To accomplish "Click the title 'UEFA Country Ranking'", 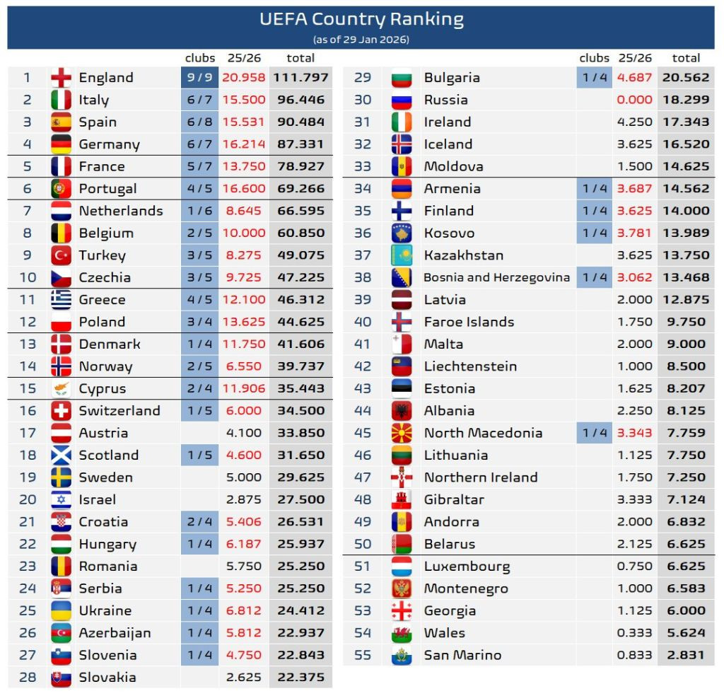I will [361, 19].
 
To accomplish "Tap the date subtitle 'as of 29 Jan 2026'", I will [361, 40].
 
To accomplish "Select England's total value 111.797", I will [300, 77].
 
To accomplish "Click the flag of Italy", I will [62, 100].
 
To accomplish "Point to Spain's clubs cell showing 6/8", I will [199, 122].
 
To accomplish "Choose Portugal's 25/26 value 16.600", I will [244, 189].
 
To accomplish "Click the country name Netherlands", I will [121, 211].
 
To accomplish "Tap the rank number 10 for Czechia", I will [28, 277].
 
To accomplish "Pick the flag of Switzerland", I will [62, 411].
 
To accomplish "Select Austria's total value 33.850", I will [300, 433].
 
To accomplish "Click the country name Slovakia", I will [107, 677].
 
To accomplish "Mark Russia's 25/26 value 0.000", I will [634, 100].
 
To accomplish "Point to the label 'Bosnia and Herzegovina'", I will [496, 277].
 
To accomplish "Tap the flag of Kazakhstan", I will [402, 255].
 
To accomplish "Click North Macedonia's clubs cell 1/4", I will [594, 433].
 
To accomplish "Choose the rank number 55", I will [363, 655].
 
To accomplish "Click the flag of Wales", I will [402, 633].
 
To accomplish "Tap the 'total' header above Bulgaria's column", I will [686, 58].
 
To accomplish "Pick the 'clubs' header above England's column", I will [200, 58].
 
